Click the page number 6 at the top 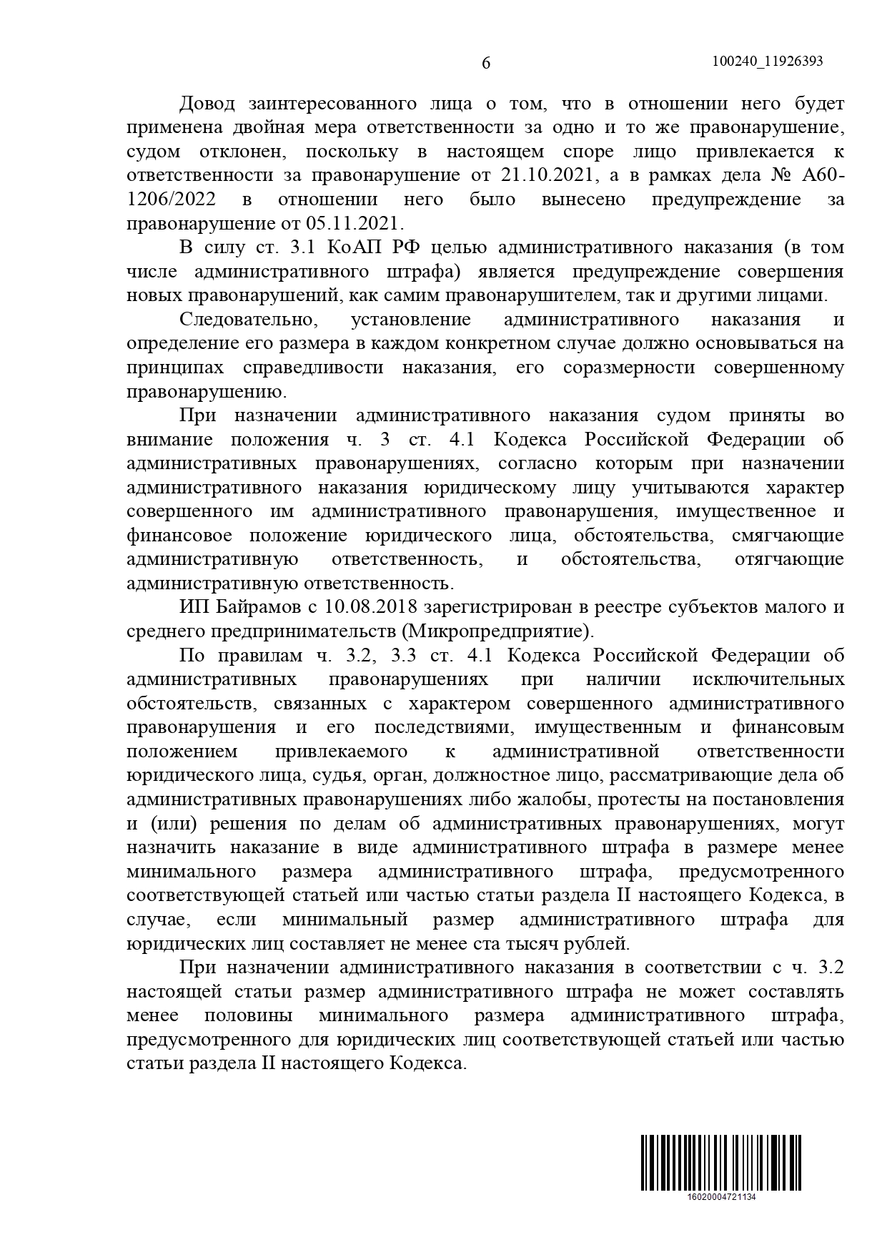(x=486, y=63)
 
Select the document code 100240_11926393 (x=768, y=61)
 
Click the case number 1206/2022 (x=172, y=200)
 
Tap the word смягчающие (x=788, y=536)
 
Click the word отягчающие (x=789, y=559)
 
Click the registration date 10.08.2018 (x=371, y=608)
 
